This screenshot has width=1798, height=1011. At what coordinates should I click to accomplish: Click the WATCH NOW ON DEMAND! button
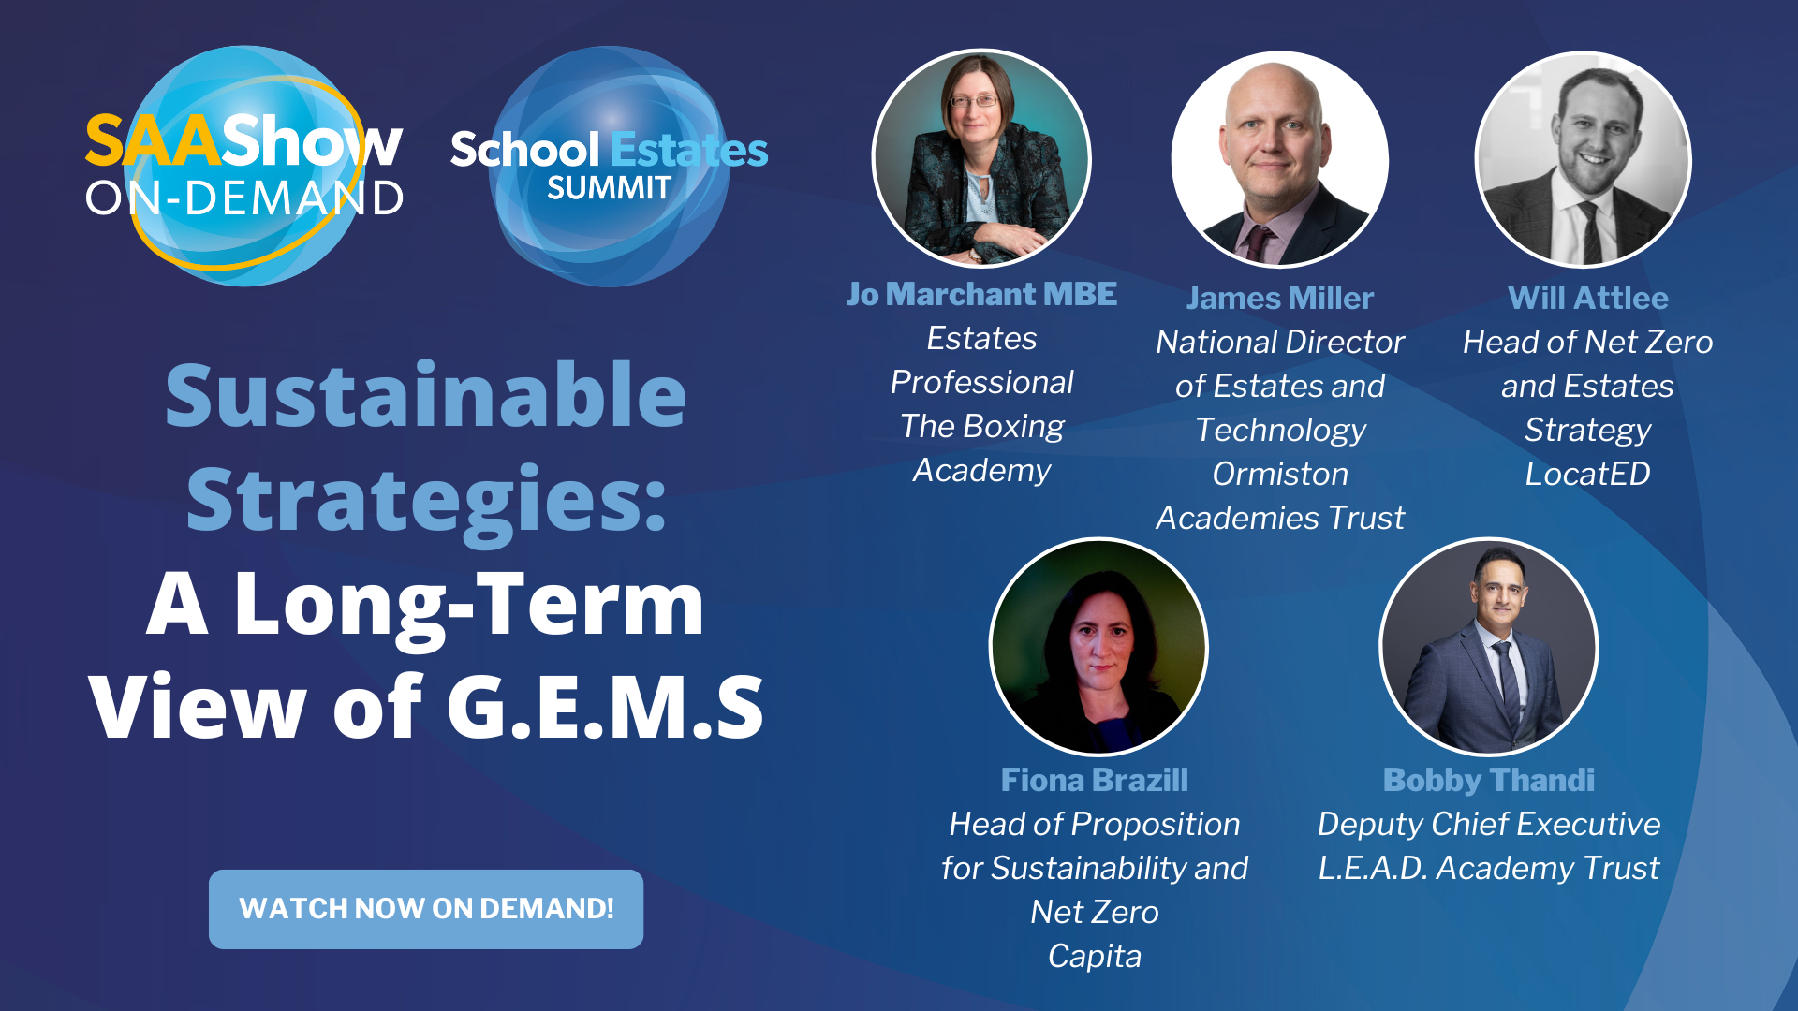(x=426, y=909)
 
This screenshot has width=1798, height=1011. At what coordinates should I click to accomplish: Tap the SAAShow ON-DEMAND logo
(x=244, y=166)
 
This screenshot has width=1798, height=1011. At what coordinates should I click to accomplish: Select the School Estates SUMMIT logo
(x=609, y=167)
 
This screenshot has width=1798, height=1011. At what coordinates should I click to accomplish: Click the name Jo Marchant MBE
(x=981, y=294)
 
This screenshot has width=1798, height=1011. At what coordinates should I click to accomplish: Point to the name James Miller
(x=1280, y=298)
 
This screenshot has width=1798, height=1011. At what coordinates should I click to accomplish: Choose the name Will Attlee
(x=1588, y=298)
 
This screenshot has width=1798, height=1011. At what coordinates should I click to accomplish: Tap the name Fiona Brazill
(x=1095, y=780)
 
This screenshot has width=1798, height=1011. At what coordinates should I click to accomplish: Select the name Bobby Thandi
(x=1489, y=780)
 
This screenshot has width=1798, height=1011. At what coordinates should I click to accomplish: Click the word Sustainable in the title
(x=426, y=394)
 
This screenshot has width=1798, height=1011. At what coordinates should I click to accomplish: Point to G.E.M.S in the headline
(x=605, y=707)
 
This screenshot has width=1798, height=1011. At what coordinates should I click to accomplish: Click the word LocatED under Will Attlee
(x=1588, y=474)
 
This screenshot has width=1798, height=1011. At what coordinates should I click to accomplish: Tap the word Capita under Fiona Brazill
(x=1095, y=956)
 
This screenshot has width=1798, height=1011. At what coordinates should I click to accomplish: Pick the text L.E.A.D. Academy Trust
(x=1489, y=868)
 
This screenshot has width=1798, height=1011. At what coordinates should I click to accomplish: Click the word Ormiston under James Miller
(x=1280, y=474)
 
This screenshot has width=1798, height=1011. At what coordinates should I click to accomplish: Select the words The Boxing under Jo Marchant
(x=982, y=426)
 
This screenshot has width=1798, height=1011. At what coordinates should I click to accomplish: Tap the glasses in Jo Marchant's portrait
(x=974, y=100)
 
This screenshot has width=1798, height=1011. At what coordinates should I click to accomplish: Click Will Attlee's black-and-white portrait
(x=1584, y=159)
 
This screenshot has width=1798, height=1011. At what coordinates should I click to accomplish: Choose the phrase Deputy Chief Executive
(x=1489, y=824)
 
